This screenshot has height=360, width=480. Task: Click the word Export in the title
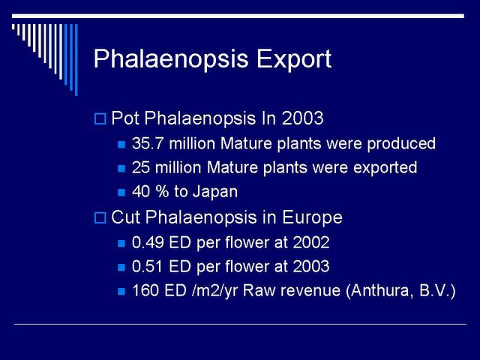294,58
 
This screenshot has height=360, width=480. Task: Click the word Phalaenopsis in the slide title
171,60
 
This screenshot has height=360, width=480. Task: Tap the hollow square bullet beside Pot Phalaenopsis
100,118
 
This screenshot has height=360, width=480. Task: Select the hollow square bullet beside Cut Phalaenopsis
100,217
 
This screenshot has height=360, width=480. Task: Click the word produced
401,144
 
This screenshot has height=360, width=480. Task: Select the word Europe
312,218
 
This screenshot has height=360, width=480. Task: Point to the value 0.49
148,242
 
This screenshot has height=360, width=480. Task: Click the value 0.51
147,266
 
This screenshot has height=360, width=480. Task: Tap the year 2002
310,242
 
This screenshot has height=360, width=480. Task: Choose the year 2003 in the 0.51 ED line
310,266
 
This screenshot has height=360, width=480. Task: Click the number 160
145,290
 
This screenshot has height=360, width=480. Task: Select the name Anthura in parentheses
379,290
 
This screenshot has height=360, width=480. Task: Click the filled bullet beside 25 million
121,168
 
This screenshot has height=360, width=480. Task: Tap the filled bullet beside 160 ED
121,291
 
